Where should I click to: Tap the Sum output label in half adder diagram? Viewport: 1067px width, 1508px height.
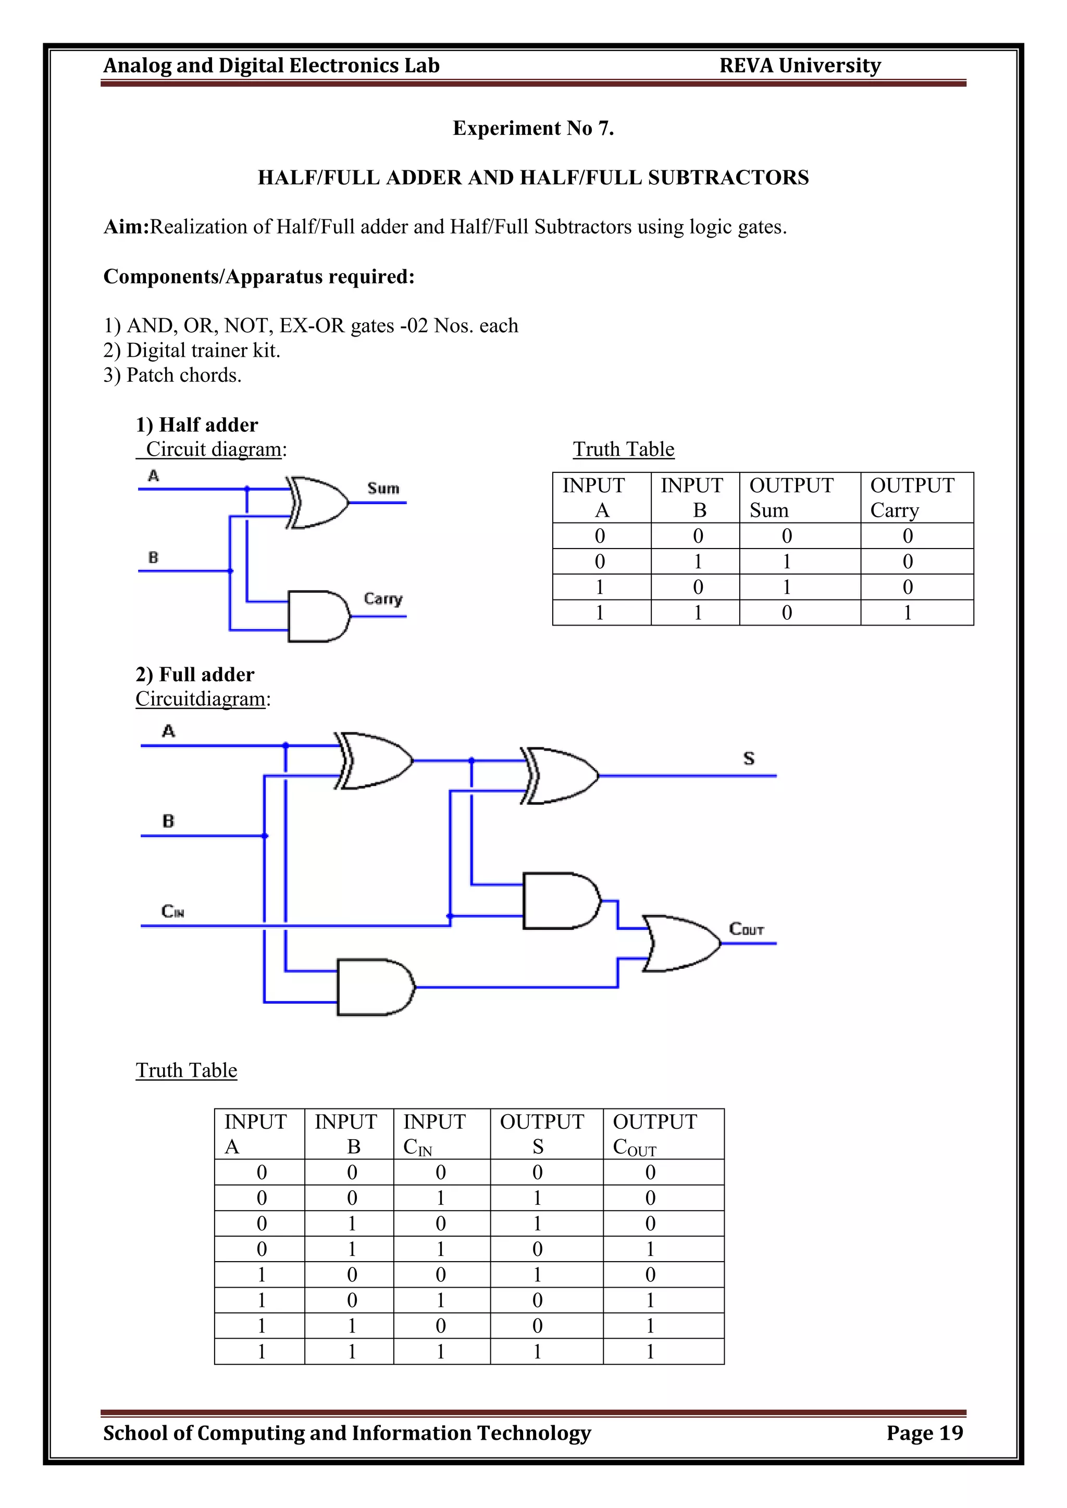click(383, 488)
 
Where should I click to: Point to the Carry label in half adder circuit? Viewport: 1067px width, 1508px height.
click(382, 599)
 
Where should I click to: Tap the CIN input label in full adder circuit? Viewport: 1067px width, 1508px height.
click(172, 911)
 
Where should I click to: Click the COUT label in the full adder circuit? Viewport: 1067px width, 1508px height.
click(747, 929)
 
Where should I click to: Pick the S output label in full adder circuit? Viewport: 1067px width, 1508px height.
click(748, 758)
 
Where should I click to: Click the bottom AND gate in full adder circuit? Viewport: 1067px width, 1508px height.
click(375, 987)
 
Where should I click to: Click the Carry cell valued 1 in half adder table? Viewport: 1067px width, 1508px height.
click(908, 613)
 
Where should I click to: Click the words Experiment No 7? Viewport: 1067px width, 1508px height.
click(533, 128)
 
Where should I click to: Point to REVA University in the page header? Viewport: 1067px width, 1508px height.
click(800, 66)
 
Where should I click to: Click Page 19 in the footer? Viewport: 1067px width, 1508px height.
click(924, 1432)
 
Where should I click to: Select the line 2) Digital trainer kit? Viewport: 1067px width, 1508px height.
click(192, 350)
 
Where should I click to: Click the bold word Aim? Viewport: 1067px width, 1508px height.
click(127, 227)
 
